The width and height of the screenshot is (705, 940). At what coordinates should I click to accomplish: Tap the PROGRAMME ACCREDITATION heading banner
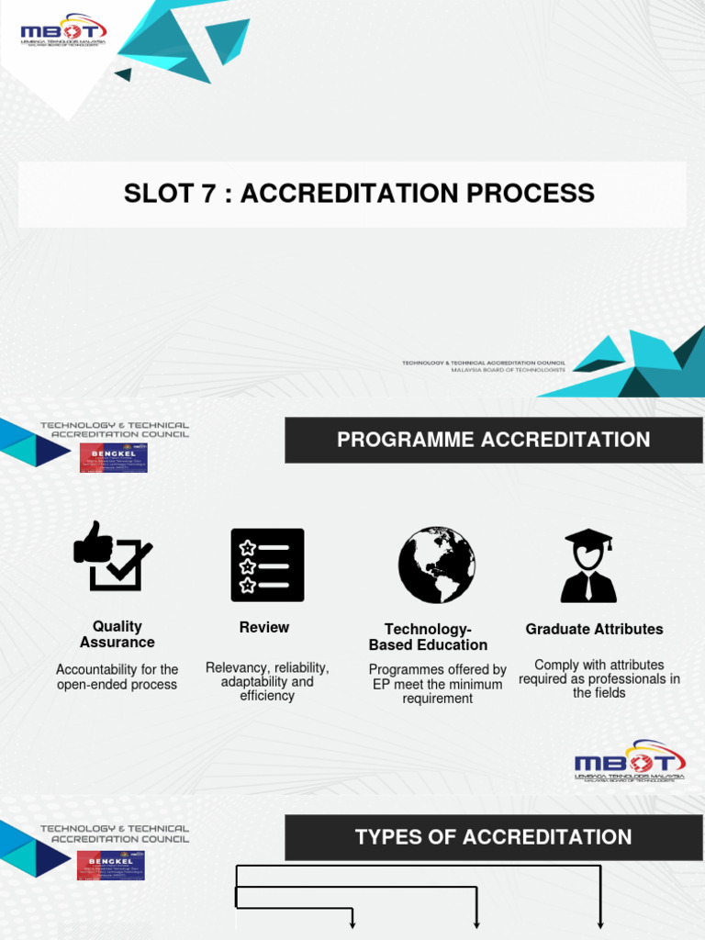[494, 440]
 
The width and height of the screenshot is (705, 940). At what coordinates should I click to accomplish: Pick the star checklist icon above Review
[267, 565]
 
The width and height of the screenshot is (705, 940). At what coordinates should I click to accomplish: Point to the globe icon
[436, 565]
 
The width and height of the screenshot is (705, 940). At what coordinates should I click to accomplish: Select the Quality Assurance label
[117, 634]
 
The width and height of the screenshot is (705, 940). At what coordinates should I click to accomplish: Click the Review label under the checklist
[264, 627]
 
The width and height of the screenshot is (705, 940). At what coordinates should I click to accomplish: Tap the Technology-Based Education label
[428, 637]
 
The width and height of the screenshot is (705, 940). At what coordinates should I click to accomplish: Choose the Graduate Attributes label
[594, 629]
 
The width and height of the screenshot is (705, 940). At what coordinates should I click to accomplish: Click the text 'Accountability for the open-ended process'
[117, 677]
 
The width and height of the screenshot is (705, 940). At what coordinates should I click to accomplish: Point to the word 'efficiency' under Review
[267, 696]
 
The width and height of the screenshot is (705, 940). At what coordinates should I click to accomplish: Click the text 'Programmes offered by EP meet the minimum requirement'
[437, 684]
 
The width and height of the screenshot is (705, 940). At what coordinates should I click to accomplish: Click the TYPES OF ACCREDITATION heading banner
[494, 837]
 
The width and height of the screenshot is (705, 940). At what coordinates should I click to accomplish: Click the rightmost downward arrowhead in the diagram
[600, 924]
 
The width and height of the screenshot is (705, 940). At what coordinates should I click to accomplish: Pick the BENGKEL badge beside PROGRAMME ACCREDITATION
[113, 457]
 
